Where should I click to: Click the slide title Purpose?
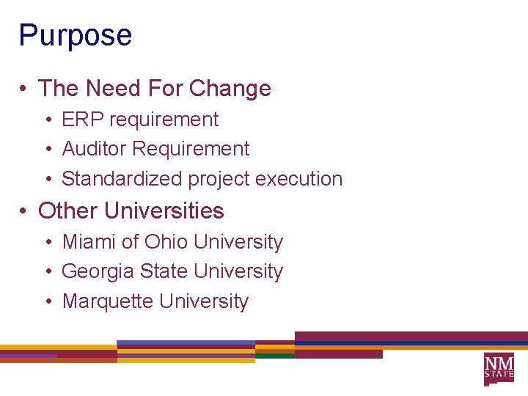[x=75, y=36]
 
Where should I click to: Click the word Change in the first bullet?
[x=230, y=89]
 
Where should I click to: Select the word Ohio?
[x=166, y=242]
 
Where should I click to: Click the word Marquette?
[x=108, y=301]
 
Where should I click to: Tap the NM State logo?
[x=499, y=369]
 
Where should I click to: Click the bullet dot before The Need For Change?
[x=24, y=89]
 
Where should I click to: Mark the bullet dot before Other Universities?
[x=24, y=212]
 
